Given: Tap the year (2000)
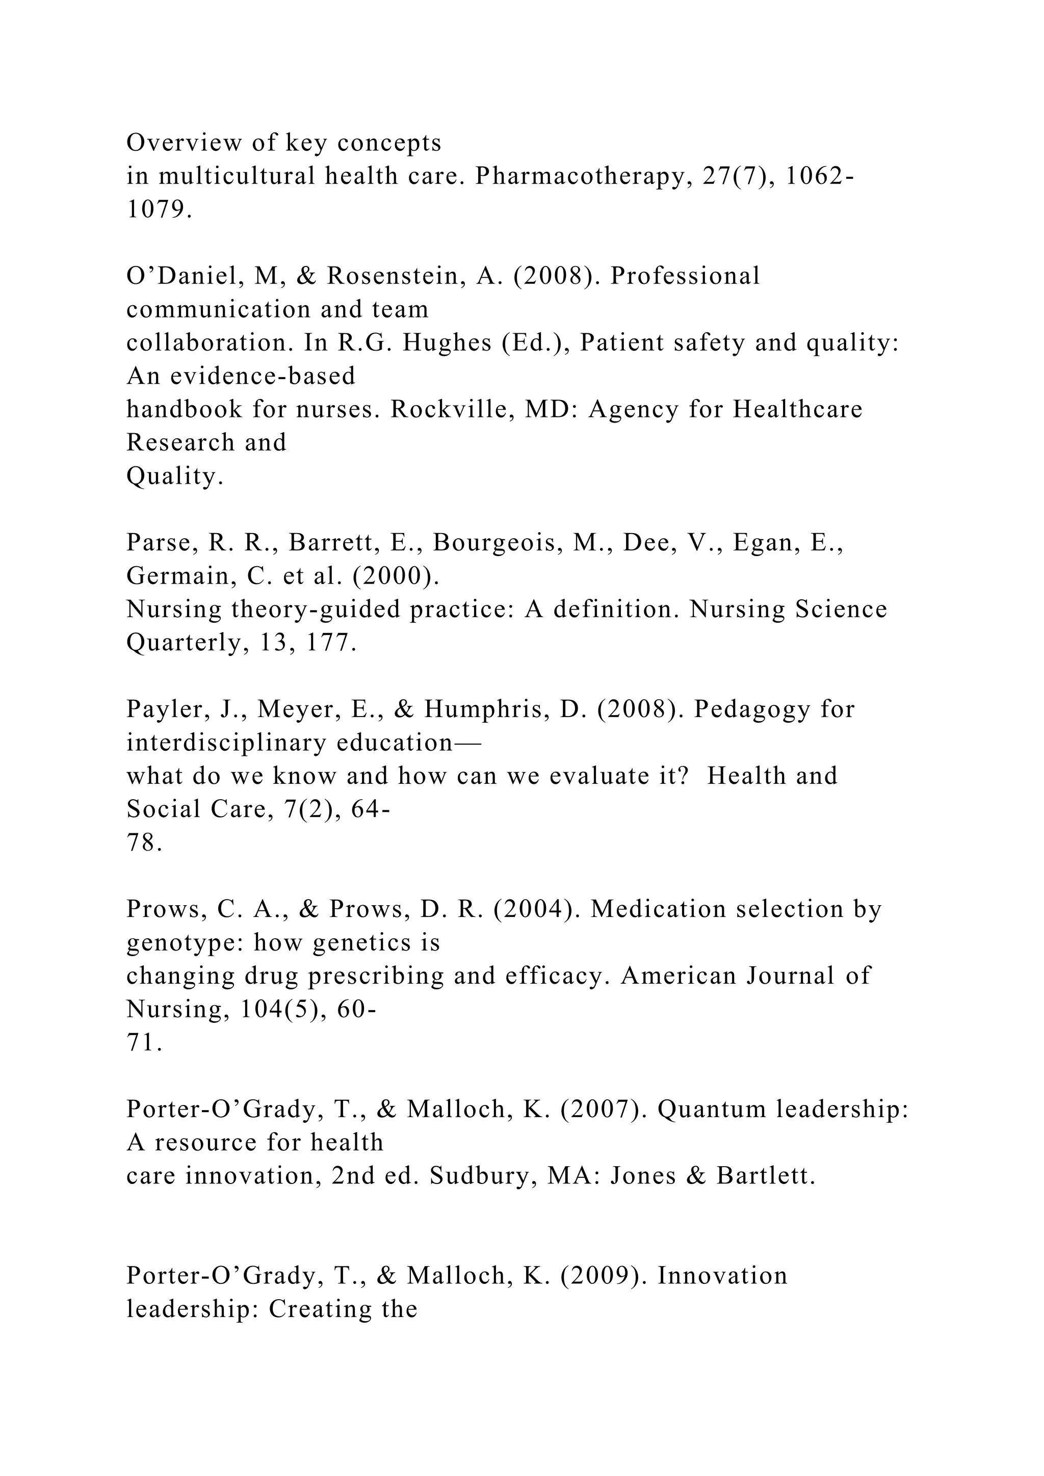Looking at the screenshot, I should (x=396, y=576).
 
